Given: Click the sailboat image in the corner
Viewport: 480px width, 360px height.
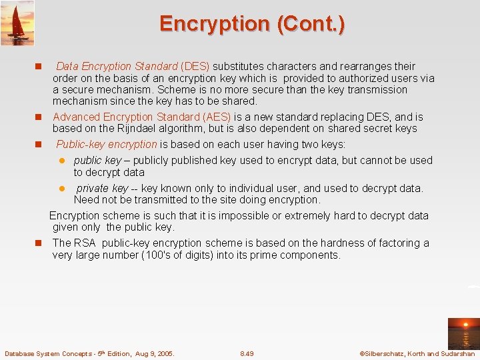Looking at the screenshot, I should [17, 23].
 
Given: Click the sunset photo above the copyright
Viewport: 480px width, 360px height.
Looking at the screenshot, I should [463, 333].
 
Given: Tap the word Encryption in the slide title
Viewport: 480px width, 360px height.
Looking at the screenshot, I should [213, 24].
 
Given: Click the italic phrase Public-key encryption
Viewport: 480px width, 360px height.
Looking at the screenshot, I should [107, 145].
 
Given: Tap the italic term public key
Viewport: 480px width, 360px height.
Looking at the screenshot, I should [97, 161].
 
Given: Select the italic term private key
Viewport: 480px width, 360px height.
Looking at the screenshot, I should [102, 189].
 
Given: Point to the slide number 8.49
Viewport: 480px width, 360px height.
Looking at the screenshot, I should [247, 353].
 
